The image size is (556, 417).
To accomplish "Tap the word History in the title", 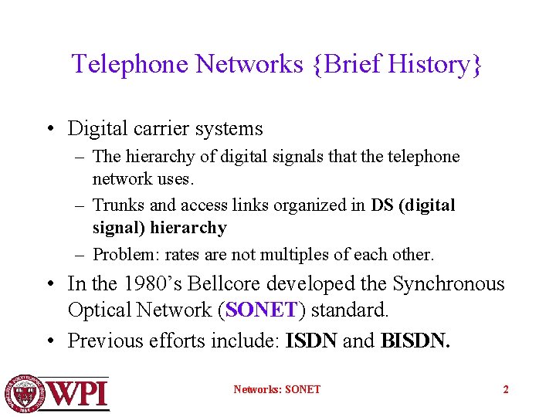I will [429, 64].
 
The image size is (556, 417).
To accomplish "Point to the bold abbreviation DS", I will [382, 205].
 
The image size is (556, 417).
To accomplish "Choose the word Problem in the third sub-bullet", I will [123, 254].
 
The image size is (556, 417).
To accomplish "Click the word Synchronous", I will [448, 284].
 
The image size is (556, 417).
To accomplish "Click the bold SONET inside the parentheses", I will [262, 310].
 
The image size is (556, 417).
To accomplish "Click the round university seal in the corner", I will [24, 392].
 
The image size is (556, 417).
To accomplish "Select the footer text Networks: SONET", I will [276, 389].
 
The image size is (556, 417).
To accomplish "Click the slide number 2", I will [506, 389].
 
